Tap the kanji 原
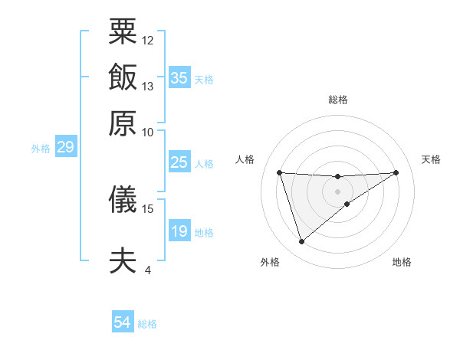pyautogui.click(x=123, y=123)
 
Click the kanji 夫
pyautogui.click(x=123, y=261)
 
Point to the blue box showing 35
pyautogui.click(x=179, y=78)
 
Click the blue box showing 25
pyautogui.click(x=179, y=162)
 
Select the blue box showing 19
pyautogui.click(x=179, y=231)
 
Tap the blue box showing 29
pyautogui.click(x=65, y=147)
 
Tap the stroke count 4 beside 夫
pyautogui.click(x=148, y=270)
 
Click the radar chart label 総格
pyautogui.click(x=338, y=100)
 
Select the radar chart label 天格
pyautogui.click(x=431, y=159)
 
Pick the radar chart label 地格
pyautogui.click(x=402, y=262)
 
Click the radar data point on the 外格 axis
pyautogui.click(x=301, y=242)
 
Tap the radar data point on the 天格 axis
pyautogui.click(x=396, y=172)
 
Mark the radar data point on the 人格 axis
pyautogui.click(x=280, y=172)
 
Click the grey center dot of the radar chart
pyautogui.click(x=338, y=191)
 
